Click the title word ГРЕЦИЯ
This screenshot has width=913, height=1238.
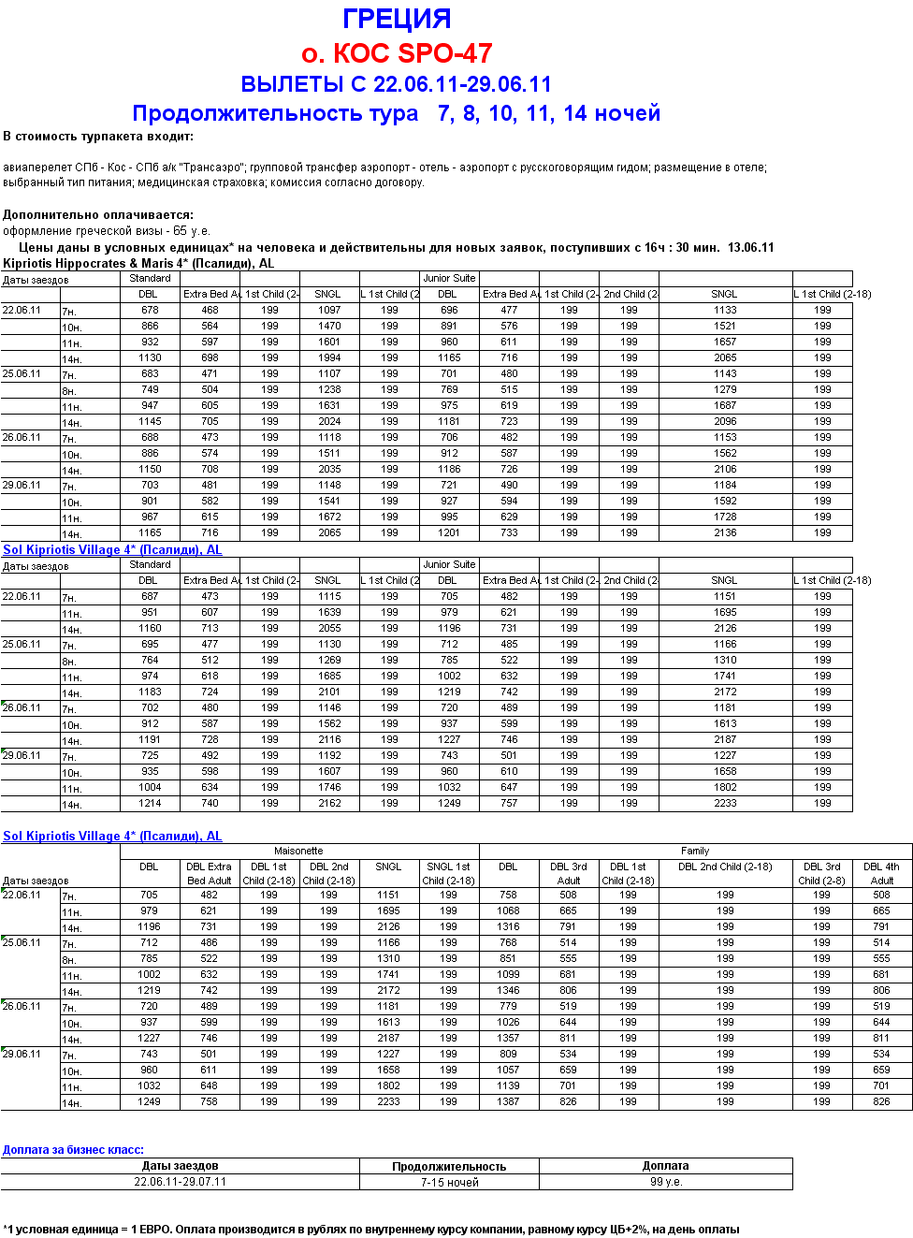click(397, 19)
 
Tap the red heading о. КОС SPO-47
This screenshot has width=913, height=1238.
click(397, 53)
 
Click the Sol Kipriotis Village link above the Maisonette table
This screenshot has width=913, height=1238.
click(112, 836)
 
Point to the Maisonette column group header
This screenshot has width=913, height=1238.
click(298, 851)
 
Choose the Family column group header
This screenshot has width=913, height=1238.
click(695, 851)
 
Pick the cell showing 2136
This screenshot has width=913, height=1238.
click(725, 532)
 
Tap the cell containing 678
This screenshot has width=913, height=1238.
click(150, 310)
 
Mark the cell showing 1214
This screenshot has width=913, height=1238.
click(150, 803)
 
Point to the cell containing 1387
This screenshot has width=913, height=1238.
click(508, 1101)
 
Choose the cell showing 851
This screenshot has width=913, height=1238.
click(508, 958)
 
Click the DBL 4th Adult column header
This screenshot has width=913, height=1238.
click(881, 873)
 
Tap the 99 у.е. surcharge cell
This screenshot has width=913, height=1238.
click(666, 1182)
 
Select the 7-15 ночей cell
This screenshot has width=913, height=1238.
click(449, 1182)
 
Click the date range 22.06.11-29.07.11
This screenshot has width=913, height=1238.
click(180, 1182)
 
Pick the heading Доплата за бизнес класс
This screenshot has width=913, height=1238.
click(73, 1150)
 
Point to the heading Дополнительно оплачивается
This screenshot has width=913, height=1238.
click(98, 214)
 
